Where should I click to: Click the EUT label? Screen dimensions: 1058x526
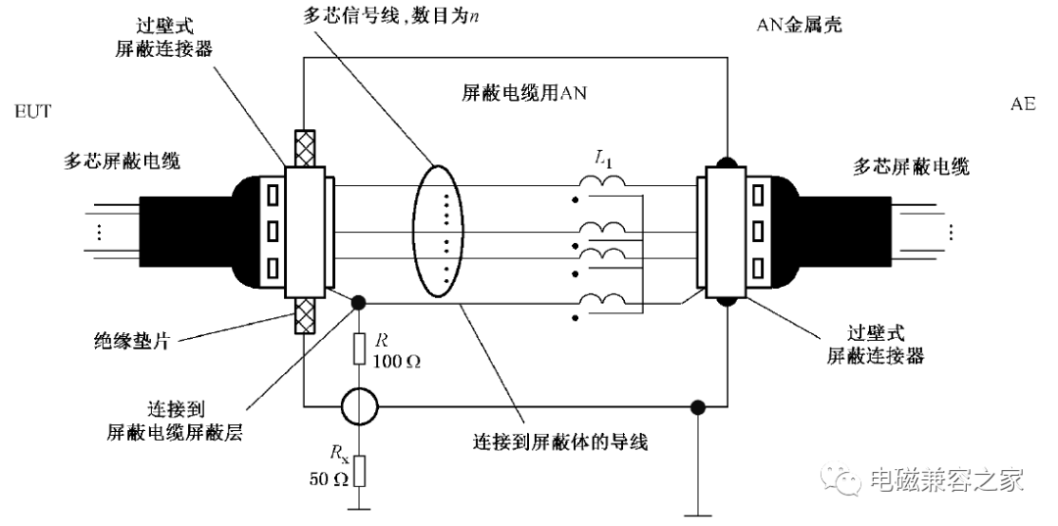(x=32, y=112)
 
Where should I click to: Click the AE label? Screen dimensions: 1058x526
(x=1022, y=105)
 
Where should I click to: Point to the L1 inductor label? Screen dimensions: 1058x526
(x=602, y=160)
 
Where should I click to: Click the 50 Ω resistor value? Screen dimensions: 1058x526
(x=328, y=479)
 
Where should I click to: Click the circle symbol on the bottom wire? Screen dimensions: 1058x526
(x=359, y=406)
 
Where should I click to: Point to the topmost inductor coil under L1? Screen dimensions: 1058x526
(x=602, y=181)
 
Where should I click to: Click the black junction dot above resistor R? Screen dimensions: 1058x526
(x=359, y=303)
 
